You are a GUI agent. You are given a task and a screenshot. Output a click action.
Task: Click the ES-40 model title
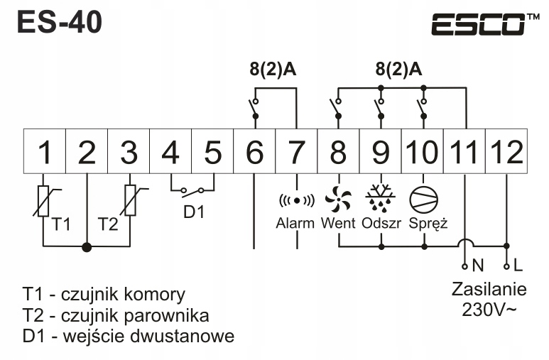click(x=59, y=22)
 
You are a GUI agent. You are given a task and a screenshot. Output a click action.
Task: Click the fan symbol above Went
click(x=339, y=197)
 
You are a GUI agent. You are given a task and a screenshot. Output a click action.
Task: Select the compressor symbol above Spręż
click(x=423, y=197)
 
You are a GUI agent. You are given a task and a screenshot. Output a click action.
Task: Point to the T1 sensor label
click(x=62, y=225)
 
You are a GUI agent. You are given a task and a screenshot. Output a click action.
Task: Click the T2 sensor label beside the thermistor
click(x=108, y=225)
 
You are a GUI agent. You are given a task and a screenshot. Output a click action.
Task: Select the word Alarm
click(x=295, y=224)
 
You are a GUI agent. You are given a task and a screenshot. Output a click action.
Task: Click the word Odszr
click(x=381, y=224)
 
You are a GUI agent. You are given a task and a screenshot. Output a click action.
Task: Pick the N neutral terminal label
click(x=477, y=267)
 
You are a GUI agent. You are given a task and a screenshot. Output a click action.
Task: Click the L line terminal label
click(x=517, y=267)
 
